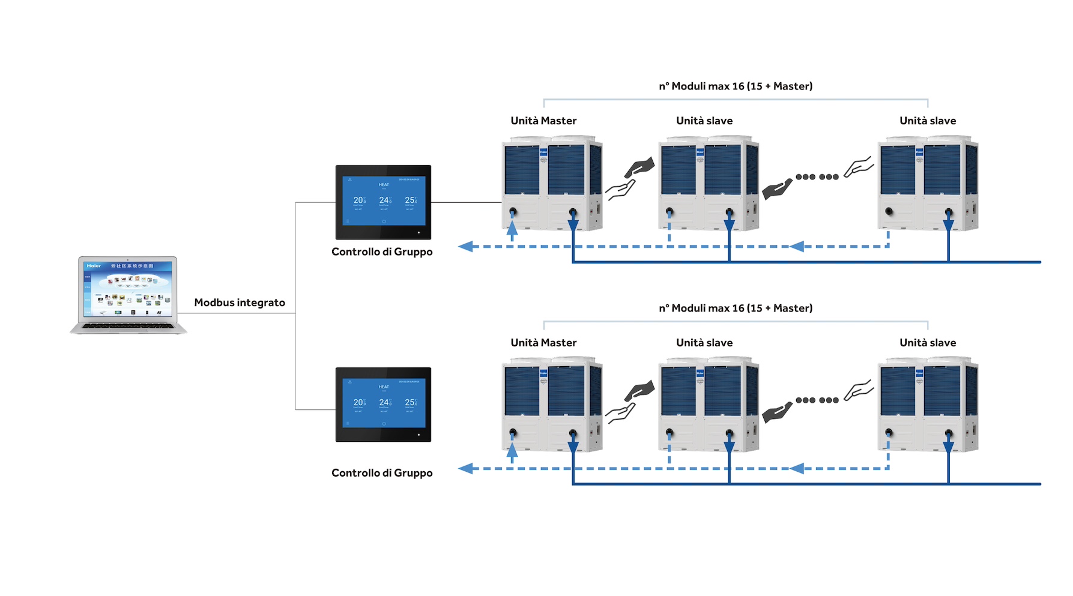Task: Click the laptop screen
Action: pos(128,289)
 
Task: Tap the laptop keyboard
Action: pos(128,326)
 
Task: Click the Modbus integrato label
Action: pos(240,303)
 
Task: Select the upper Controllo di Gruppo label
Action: pos(382,251)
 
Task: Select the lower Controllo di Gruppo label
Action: pos(382,473)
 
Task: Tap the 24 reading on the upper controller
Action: pos(384,200)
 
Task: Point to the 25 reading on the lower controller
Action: pos(410,402)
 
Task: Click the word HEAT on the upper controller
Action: pos(384,185)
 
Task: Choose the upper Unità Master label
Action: pos(543,121)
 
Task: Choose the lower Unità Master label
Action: pos(543,343)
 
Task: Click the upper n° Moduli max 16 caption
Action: pos(736,86)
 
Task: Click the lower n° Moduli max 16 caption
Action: pos(736,309)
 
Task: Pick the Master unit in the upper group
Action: pos(552,183)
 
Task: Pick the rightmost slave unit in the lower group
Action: pos(928,405)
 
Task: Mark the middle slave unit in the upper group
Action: pos(709,183)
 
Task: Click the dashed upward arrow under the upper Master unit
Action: pos(512,230)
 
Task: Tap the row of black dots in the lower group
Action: pos(817,400)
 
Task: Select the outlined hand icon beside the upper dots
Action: pos(859,167)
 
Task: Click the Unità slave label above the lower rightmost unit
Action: pos(928,343)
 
